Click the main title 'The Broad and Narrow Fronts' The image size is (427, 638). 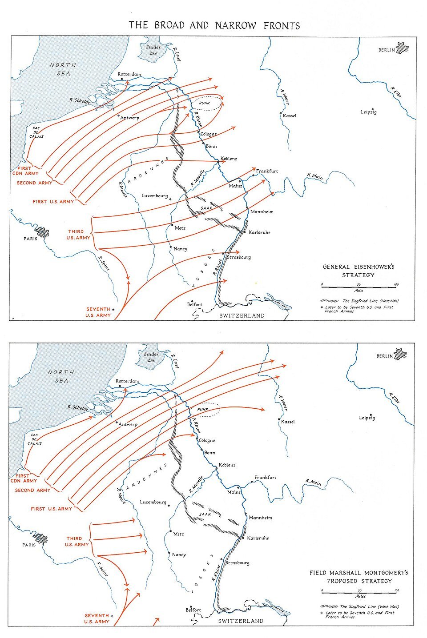[x=214, y=25]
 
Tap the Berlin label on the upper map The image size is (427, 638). [x=387, y=50]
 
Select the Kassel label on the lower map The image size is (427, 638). [x=288, y=422]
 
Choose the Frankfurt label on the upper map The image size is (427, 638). [x=267, y=171]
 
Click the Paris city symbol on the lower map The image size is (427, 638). [x=40, y=538]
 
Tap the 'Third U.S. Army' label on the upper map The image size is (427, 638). [x=78, y=235]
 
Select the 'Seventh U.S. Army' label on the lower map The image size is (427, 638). [x=97, y=618]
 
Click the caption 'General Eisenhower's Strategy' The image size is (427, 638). [x=359, y=271]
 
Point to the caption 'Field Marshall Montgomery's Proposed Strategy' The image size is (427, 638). [x=359, y=577]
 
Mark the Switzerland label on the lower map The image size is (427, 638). [x=241, y=621]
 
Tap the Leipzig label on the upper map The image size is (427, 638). [x=368, y=112]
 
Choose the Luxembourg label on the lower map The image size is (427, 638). [x=153, y=502]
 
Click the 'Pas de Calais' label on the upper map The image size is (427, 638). [x=36, y=132]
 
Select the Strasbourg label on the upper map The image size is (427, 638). [x=239, y=257]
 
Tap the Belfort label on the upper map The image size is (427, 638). [x=195, y=304]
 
